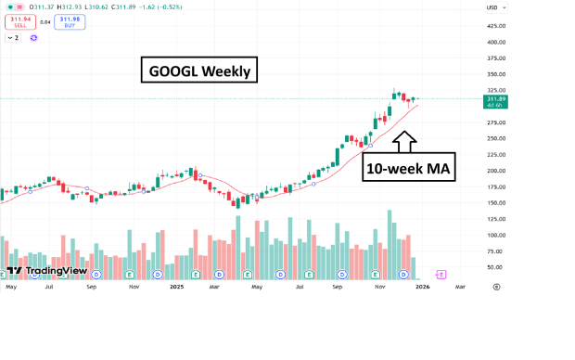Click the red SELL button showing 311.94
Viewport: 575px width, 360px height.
[18, 21]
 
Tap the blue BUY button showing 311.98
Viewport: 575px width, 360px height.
[67, 21]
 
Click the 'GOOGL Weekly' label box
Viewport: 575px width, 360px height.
[198, 71]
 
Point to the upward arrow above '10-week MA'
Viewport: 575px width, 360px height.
[405, 141]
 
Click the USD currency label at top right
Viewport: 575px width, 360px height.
[492, 7]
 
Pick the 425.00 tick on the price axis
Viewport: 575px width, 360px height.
[495, 26]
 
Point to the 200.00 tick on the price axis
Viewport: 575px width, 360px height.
[495, 171]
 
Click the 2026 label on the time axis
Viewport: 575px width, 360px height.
[422, 288]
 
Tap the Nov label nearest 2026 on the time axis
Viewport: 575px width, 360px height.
[379, 288]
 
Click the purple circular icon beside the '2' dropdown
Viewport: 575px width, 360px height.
[33, 38]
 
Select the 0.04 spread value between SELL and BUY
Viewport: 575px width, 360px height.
[43, 21]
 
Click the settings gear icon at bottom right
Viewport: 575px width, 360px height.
[496, 288]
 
